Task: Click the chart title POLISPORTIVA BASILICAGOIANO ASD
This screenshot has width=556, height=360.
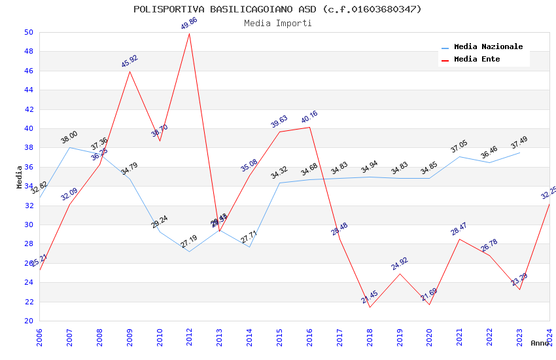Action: (x=277, y=9)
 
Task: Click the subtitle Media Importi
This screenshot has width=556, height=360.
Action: (x=277, y=23)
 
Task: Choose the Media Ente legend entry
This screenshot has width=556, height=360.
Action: (x=477, y=59)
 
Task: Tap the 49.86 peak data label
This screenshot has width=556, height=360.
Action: (x=189, y=24)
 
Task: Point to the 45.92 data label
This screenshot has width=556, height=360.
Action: (x=130, y=62)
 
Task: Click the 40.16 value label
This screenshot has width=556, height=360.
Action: (x=309, y=117)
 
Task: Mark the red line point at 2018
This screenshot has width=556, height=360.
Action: (x=370, y=307)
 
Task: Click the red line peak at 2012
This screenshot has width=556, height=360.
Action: (x=190, y=33)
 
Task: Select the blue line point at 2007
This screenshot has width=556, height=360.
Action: (x=69, y=147)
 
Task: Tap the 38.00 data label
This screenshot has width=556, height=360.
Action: (x=69, y=137)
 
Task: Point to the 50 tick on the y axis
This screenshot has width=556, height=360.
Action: (x=28, y=32)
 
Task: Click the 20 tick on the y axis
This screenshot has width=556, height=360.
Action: (x=28, y=321)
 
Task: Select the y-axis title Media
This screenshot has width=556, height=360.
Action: (x=20, y=177)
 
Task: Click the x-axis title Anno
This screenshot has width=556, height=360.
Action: (x=540, y=343)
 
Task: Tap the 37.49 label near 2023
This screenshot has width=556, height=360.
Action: (x=519, y=143)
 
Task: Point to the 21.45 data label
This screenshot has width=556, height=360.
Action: (x=370, y=297)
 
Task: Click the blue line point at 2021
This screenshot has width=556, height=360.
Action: (x=460, y=156)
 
